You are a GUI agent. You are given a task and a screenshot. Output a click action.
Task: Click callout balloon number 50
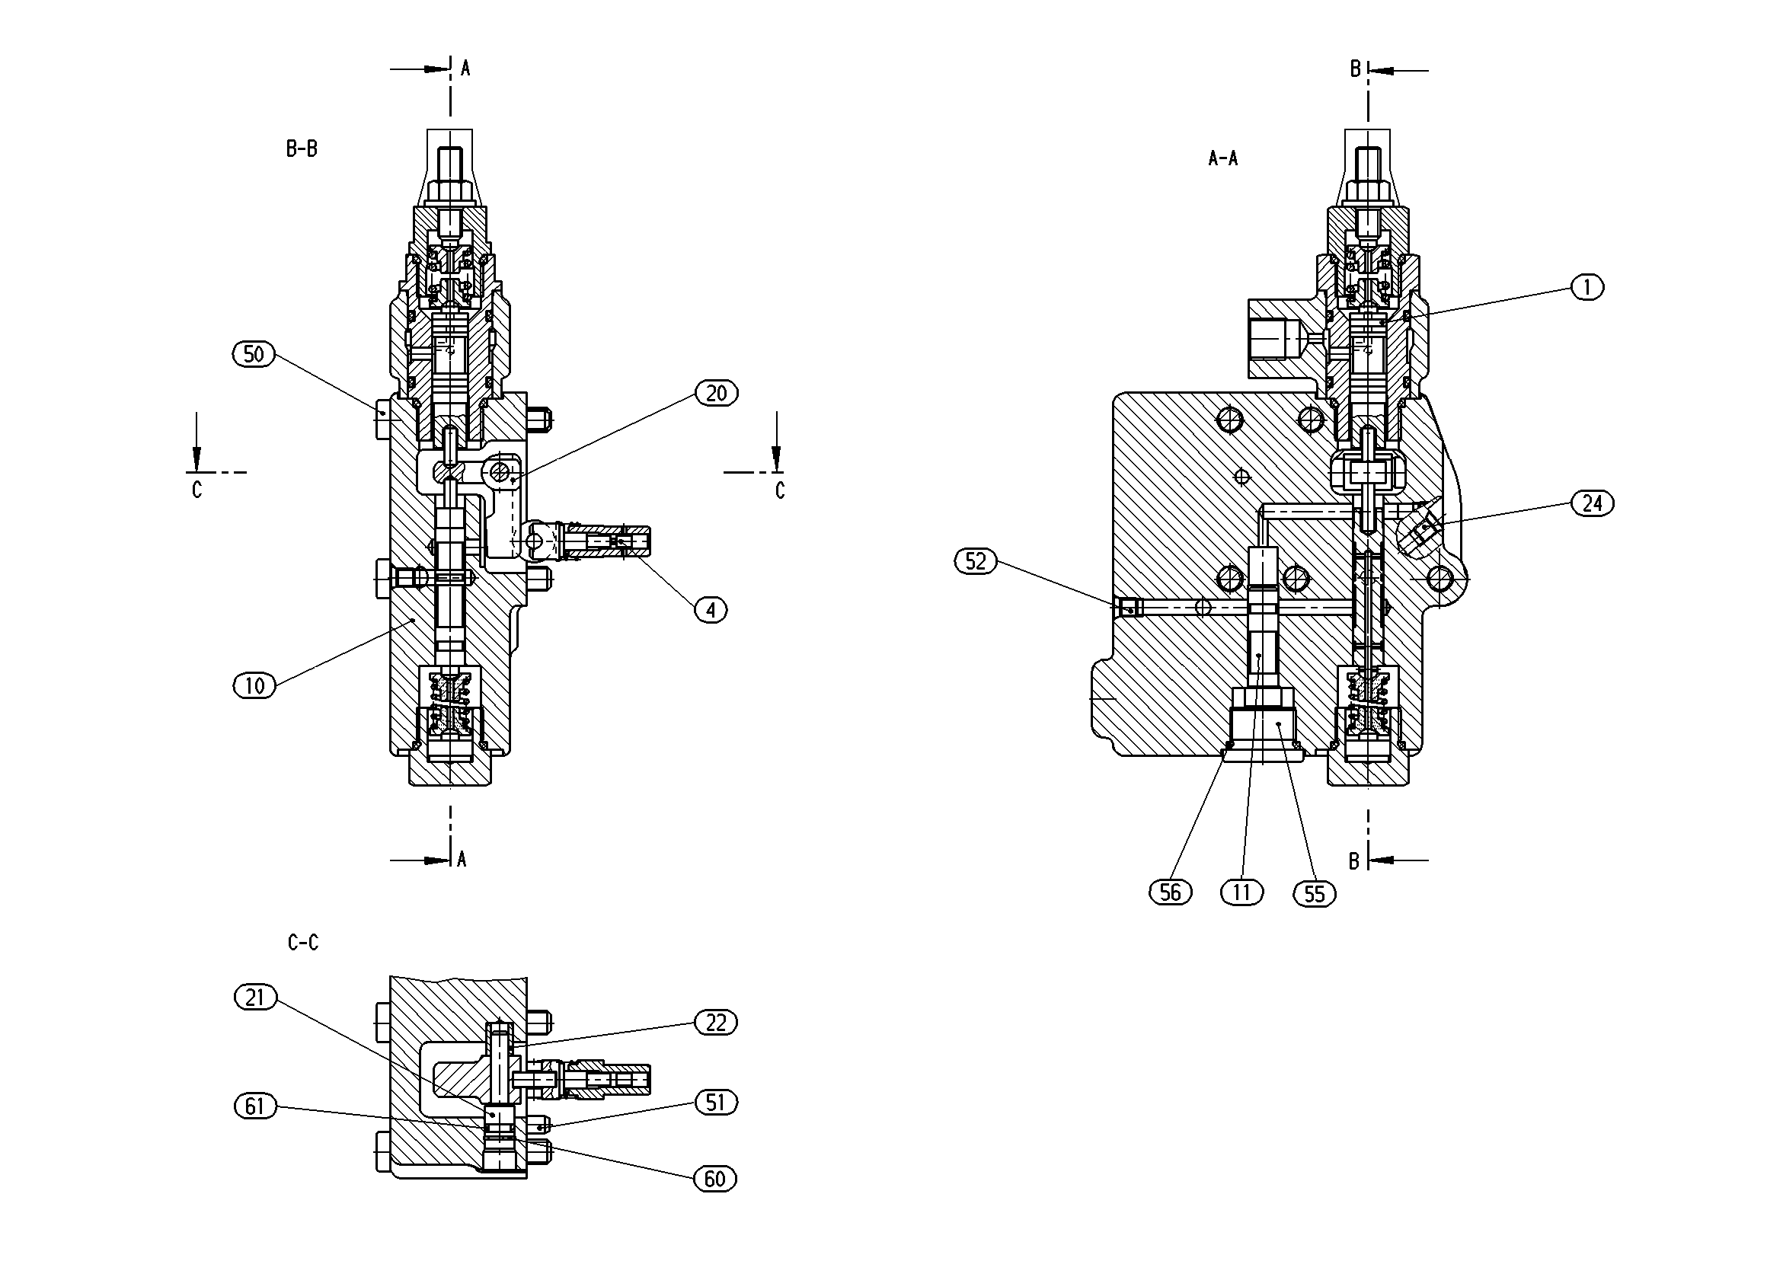254,355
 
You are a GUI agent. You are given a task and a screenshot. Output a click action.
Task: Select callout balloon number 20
716,394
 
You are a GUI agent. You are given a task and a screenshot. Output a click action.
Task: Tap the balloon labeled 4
711,610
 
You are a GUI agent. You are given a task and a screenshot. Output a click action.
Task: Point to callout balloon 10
254,685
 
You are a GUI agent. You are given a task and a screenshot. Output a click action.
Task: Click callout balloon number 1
1587,288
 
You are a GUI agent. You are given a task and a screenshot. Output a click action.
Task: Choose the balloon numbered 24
1592,504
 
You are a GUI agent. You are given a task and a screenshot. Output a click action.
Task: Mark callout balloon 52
976,561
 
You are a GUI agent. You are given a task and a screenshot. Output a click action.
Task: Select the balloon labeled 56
1171,893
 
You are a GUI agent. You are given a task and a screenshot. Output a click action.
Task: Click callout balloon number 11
1241,893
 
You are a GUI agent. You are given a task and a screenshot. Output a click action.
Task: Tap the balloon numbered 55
1314,895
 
